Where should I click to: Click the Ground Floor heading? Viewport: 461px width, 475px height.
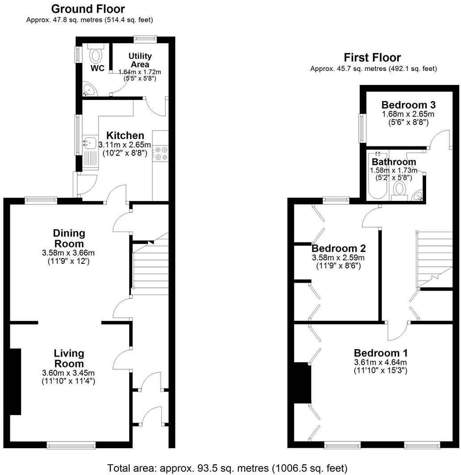[88, 8]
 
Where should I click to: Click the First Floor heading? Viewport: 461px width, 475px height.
[372, 57]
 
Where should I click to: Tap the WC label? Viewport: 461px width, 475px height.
[97, 68]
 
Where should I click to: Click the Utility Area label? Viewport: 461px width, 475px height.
[140, 60]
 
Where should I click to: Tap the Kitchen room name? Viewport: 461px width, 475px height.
[125, 135]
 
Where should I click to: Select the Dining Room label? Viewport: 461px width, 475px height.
[69, 238]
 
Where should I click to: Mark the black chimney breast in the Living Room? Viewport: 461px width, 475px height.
[16, 381]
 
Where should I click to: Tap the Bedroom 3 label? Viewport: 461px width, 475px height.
[408, 105]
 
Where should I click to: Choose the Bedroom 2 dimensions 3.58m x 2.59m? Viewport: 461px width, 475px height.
[338, 258]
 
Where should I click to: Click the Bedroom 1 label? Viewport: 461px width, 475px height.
[380, 353]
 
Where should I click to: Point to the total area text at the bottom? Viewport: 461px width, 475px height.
[227, 468]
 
